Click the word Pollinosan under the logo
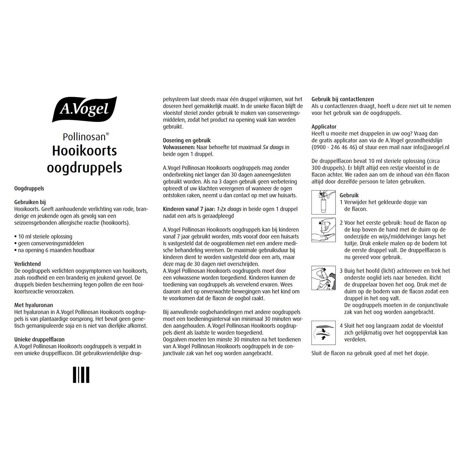click(84, 137)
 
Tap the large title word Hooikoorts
click(84, 151)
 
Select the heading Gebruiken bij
click(30, 202)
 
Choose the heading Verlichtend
click(28, 264)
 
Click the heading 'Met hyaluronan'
click(34, 305)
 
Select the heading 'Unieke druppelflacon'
click(39, 339)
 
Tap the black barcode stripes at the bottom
click(81, 375)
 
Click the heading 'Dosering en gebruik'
click(187, 140)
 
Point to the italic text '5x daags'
click(273, 147)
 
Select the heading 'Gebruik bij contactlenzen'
click(343, 99)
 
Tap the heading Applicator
click(324, 127)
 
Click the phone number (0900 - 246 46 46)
click(334, 147)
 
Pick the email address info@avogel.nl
click(431, 147)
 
